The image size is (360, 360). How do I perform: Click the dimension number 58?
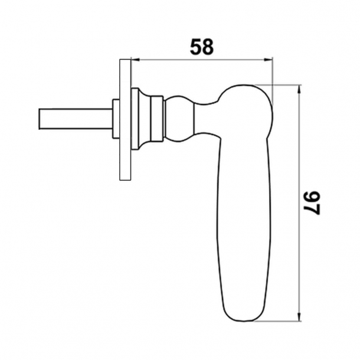[201, 47]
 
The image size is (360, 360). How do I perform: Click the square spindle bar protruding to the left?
[75, 120]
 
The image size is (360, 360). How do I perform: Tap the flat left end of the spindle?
[39, 120]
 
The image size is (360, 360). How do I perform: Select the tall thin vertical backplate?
[125, 119]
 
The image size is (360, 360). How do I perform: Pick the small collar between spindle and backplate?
[116, 120]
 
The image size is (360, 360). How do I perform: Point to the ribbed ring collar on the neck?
[156, 120]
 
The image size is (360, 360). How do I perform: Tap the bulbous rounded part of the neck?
[179, 120]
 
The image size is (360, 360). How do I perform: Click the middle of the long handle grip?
[245, 224]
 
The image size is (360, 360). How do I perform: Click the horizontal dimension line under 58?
[201, 59]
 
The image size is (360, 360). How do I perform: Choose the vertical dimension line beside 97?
[300, 148]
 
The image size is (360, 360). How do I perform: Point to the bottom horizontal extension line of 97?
[277, 322]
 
